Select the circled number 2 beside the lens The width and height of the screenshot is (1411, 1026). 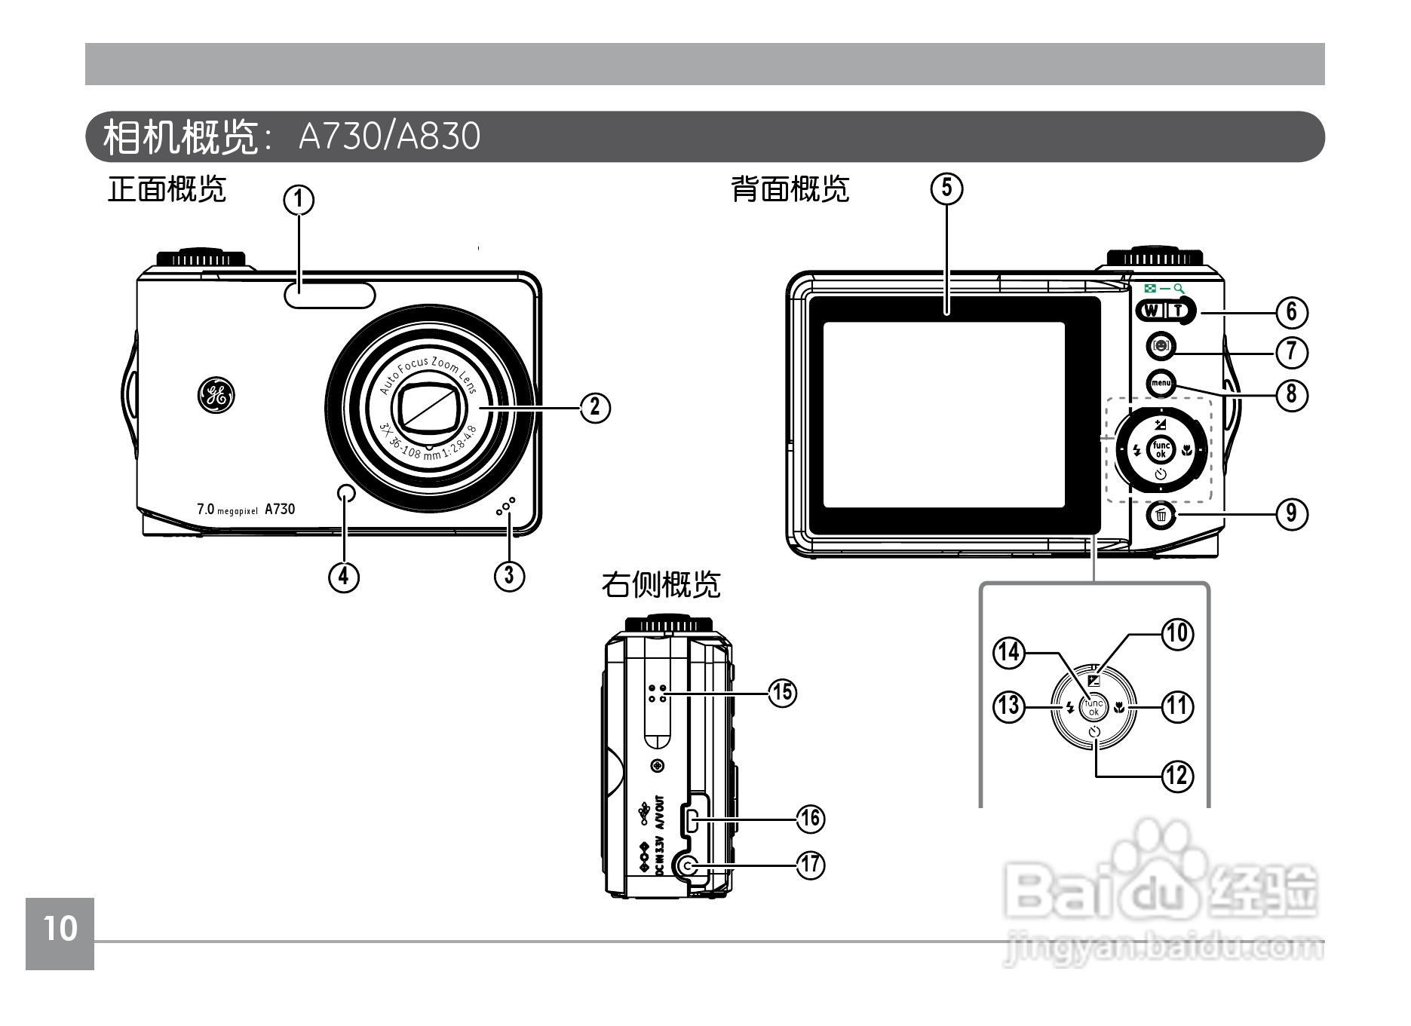[595, 407]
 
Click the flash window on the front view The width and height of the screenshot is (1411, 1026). [330, 295]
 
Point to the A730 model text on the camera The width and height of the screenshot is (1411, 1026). [280, 510]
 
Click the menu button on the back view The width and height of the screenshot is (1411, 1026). [1160, 384]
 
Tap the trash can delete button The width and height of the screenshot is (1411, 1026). [1161, 516]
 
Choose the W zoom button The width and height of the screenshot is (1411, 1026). [1151, 310]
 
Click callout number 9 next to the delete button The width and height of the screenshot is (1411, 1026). [1292, 513]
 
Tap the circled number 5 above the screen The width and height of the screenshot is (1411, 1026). [947, 188]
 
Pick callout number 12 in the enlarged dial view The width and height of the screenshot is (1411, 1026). [1178, 775]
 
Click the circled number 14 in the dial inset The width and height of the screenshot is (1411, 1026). [1009, 652]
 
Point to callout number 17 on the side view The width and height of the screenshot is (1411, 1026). [811, 864]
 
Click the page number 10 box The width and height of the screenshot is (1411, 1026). [60, 930]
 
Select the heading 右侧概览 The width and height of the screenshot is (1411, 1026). [661, 584]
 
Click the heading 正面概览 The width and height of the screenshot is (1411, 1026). [167, 189]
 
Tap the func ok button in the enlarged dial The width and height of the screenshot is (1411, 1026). [1093, 706]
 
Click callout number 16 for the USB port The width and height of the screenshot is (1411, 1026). [811, 819]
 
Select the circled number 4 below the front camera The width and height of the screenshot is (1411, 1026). [344, 576]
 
